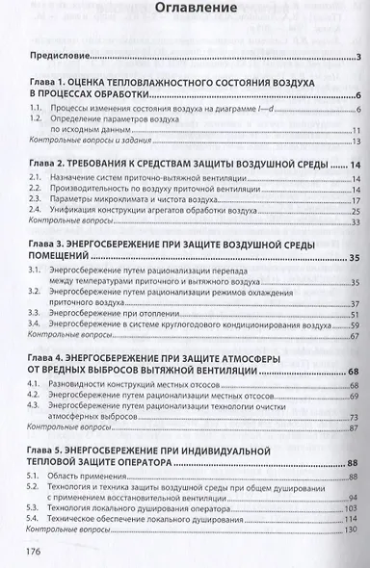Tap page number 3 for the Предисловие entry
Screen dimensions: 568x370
[x=357, y=57]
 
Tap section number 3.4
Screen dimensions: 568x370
[x=36, y=325]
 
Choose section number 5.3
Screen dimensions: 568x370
[x=36, y=506]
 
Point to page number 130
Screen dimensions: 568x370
[x=352, y=531]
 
